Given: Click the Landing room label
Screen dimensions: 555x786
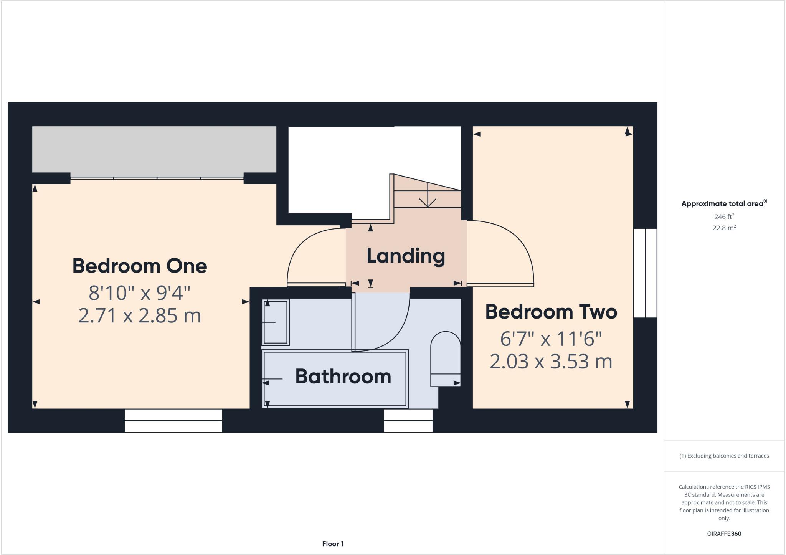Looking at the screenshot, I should coord(406,256).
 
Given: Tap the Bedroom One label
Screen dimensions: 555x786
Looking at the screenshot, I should coord(140,266).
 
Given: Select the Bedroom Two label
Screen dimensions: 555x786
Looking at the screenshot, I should coord(551,312).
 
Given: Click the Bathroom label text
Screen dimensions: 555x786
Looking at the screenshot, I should coord(343,377).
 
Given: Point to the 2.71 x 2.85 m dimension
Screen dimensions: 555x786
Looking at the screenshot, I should coord(140,316).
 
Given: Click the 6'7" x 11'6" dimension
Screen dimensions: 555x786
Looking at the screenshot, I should coord(551,339).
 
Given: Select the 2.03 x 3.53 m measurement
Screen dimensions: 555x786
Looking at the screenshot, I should coord(551,362).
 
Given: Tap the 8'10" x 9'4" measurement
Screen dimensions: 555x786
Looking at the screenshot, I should coord(140,293).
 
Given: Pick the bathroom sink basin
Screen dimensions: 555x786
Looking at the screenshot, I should coord(276,322).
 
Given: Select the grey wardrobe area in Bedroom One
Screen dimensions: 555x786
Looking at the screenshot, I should coord(154,149).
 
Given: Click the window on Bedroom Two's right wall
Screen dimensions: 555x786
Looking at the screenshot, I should coord(645,273).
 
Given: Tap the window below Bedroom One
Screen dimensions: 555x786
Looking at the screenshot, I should coord(173,420).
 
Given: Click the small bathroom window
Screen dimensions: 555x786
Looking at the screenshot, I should coord(408,420).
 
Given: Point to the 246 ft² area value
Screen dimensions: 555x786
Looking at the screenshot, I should coord(724,216).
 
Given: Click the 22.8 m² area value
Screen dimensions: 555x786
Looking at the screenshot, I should coord(724,228).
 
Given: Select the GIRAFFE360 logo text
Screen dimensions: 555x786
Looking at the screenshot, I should coord(724,534).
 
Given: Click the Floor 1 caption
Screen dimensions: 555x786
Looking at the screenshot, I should coord(333,544).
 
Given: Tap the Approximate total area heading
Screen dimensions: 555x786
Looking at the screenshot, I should coord(723,204).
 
